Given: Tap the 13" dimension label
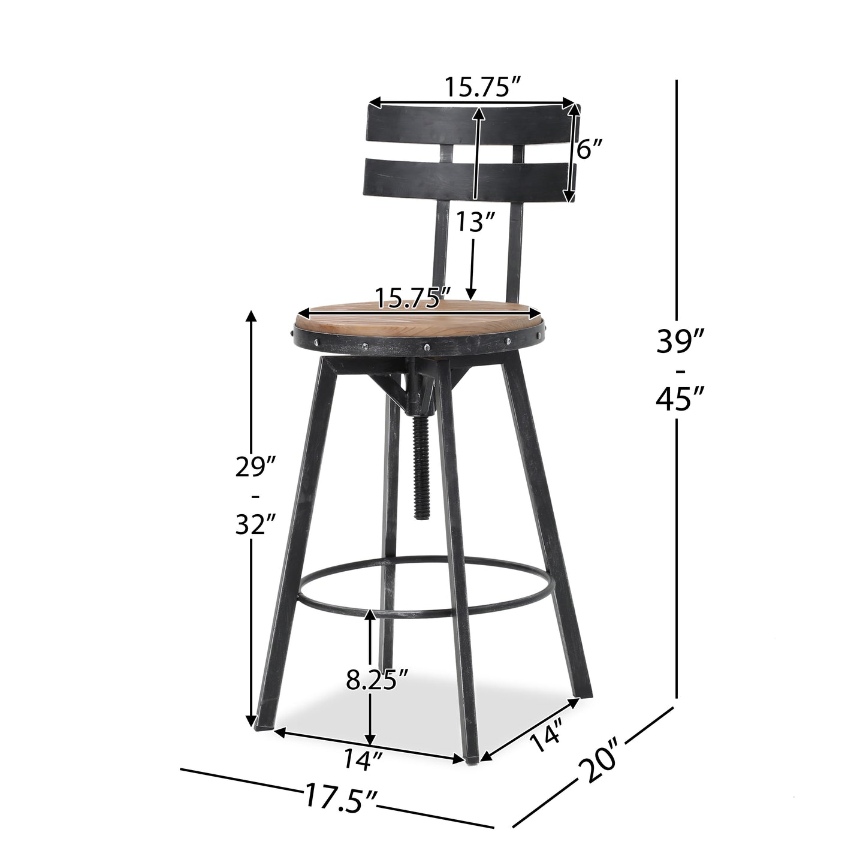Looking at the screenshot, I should pos(475,224).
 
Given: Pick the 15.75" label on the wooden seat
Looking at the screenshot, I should pos(413,297).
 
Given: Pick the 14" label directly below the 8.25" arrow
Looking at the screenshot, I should pos(363,761).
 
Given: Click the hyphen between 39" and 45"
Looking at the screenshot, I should pos(678,370).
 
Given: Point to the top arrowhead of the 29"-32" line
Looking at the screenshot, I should pos(251,318).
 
